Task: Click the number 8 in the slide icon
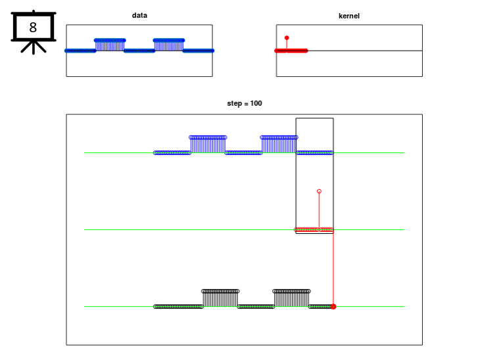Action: (33, 28)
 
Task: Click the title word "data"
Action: (139, 15)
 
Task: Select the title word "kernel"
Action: (349, 16)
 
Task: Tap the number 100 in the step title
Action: (256, 103)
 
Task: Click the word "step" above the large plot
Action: (235, 104)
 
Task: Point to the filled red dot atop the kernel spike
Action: (287, 38)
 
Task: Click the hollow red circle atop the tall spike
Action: (320, 191)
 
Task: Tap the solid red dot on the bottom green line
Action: (333, 307)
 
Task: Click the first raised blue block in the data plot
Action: (110, 45)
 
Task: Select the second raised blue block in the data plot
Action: (169, 45)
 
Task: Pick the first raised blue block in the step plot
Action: (208, 145)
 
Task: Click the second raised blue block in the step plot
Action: (279, 145)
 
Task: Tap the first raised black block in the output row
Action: (220, 298)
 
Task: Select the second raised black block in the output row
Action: (291, 298)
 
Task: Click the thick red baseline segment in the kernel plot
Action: (291, 51)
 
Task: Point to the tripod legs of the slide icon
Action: (34, 48)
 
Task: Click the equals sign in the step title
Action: (246, 104)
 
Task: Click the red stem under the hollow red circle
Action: (320, 211)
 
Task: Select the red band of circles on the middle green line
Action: (314, 230)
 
